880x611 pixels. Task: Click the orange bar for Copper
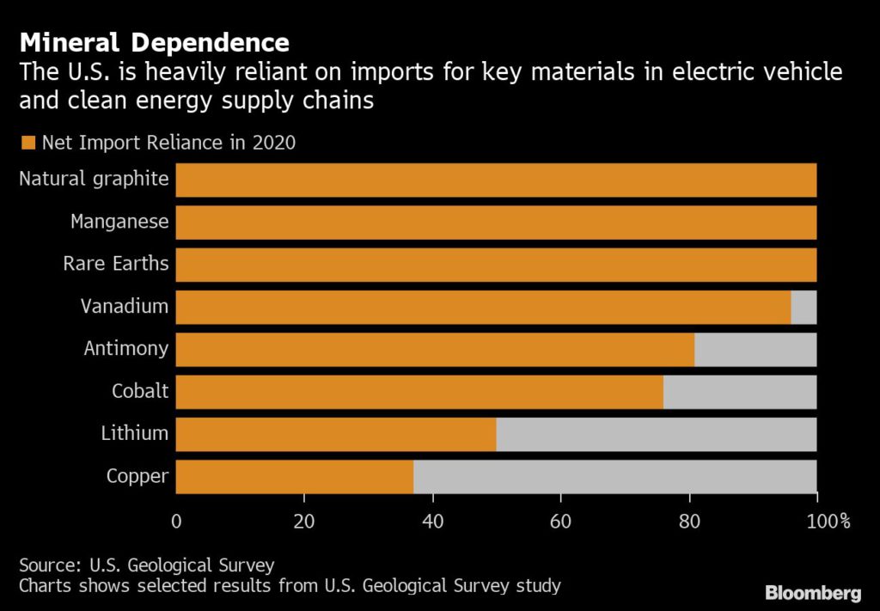tap(294, 476)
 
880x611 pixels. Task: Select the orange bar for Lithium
tap(335, 434)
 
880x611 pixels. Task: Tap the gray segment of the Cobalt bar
tap(739, 392)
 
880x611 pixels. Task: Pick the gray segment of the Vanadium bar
tap(804, 307)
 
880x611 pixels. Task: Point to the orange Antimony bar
tap(434, 349)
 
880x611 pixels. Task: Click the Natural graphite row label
tap(94, 180)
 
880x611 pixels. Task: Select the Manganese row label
tap(119, 222)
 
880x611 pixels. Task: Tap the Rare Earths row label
tap(116, 264)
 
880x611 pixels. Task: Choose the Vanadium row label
tap(125, 306)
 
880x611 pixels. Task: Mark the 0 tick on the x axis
tap(176, 520)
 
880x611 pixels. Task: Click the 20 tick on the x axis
tap(304, 520)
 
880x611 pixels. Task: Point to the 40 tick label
tap(432, 520)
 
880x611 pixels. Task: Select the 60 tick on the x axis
tap(560, 520)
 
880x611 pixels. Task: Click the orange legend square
tap(28, 143)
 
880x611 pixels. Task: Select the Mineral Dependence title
tap(155, 42)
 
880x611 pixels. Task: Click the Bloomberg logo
tap(812, 592)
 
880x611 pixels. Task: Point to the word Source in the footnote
tap(47, 565)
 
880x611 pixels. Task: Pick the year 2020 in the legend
tap(273, 143)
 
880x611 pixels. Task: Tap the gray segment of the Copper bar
tap(614, 476)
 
